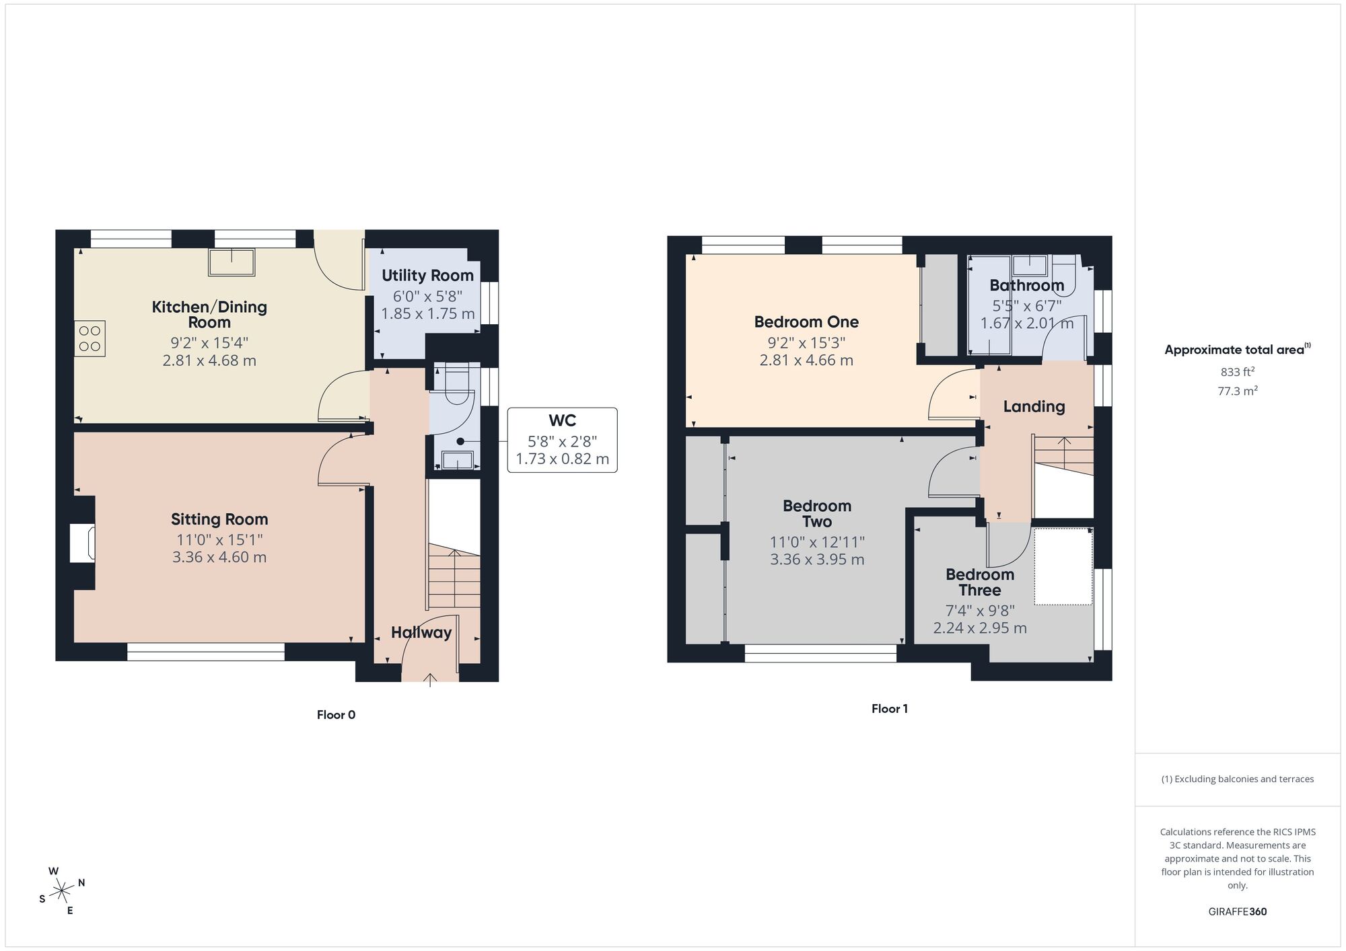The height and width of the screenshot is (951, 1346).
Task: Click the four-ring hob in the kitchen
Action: click(90, 338)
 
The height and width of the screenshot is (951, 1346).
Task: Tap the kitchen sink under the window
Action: click(232, 262)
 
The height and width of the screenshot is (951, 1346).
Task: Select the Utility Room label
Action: click(427, 275)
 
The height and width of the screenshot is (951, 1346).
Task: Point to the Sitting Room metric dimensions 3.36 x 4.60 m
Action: click(219, 557)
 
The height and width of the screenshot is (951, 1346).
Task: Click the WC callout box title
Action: click(562, 421)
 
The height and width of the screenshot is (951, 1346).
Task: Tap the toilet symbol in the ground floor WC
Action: click(456, 387)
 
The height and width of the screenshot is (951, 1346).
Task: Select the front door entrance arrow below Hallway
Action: click(430, 680)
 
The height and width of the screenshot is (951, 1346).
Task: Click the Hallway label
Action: click(421, 632)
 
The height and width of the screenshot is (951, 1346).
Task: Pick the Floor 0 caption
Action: click(336, 715)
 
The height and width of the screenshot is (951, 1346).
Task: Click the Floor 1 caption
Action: click(889, 709)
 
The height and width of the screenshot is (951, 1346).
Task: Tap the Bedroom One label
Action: click(806, 322)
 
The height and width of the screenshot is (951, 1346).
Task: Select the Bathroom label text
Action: click(1026, 285)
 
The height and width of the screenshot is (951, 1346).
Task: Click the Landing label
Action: click(1034, 406)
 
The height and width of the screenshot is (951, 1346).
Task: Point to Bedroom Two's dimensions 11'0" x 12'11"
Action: click(817, 542)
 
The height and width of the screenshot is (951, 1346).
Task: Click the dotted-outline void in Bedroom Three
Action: click(1063, 566)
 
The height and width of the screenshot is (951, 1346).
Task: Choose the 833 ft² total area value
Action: click(1237, 372)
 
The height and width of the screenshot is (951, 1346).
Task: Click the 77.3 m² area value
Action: click(1237, 391)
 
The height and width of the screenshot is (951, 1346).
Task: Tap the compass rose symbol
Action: click(62, 891)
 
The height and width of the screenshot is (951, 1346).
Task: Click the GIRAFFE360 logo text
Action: click(1237, 912)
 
